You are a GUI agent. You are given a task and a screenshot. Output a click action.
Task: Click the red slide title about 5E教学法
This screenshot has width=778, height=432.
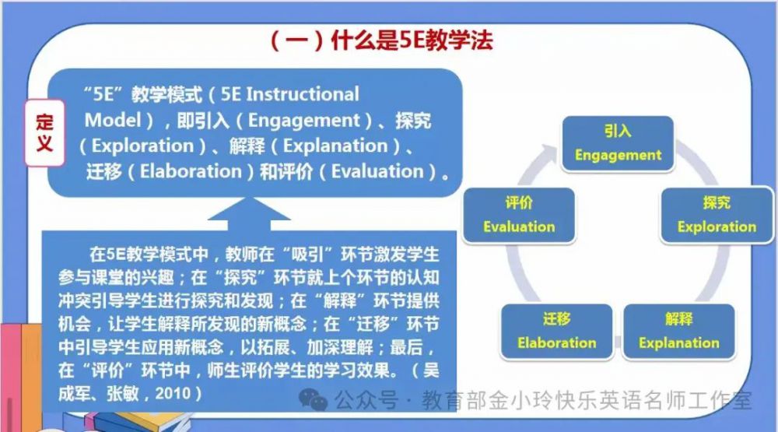[381, 40]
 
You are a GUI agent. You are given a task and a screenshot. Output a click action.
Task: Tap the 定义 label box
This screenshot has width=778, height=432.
[44, 132]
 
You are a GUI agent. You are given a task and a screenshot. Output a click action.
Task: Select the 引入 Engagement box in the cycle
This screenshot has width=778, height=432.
[618, 143]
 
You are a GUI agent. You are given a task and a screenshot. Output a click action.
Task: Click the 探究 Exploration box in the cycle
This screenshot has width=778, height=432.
[717, 215]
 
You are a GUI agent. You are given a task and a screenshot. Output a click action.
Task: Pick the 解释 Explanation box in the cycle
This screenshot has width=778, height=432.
[678, 332]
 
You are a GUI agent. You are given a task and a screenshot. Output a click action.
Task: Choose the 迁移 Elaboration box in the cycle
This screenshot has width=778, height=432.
[557, 332]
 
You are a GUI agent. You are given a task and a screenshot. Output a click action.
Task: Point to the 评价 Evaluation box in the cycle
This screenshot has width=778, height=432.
[519, 215]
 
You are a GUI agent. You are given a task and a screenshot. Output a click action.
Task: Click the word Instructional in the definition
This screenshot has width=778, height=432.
[303, 94]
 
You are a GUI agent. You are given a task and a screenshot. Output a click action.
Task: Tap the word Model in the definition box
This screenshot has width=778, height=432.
[113, 120]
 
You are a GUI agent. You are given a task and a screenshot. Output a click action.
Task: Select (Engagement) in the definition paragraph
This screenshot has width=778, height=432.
[304, 121]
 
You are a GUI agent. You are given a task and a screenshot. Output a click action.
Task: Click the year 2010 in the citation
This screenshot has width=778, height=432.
[173, 394]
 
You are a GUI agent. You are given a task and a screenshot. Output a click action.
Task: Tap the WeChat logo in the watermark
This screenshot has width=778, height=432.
[313, 400]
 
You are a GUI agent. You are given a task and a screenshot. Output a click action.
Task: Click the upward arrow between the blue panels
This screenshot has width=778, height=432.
[249, 214]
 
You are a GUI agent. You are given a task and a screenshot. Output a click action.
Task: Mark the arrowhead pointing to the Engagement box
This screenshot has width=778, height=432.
[550, 153]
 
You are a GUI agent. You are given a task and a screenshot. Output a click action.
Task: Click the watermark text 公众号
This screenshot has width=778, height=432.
[366, 400]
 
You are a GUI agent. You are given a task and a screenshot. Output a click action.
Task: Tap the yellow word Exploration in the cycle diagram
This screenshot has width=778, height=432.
[717, 227]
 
